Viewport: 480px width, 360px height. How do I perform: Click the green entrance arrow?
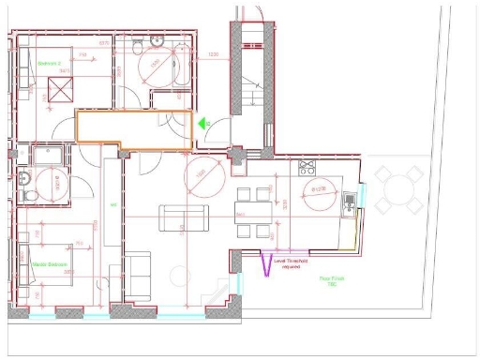(201, 122)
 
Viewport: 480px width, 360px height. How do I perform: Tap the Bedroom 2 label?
(49, 65)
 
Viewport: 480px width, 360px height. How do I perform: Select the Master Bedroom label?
(48, 264)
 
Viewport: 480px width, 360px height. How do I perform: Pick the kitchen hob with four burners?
(307, 169)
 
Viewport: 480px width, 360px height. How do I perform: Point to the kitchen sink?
(348, 198)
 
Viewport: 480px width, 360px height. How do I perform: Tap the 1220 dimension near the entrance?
(214, 55)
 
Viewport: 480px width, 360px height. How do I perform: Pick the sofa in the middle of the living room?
(184, 217)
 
